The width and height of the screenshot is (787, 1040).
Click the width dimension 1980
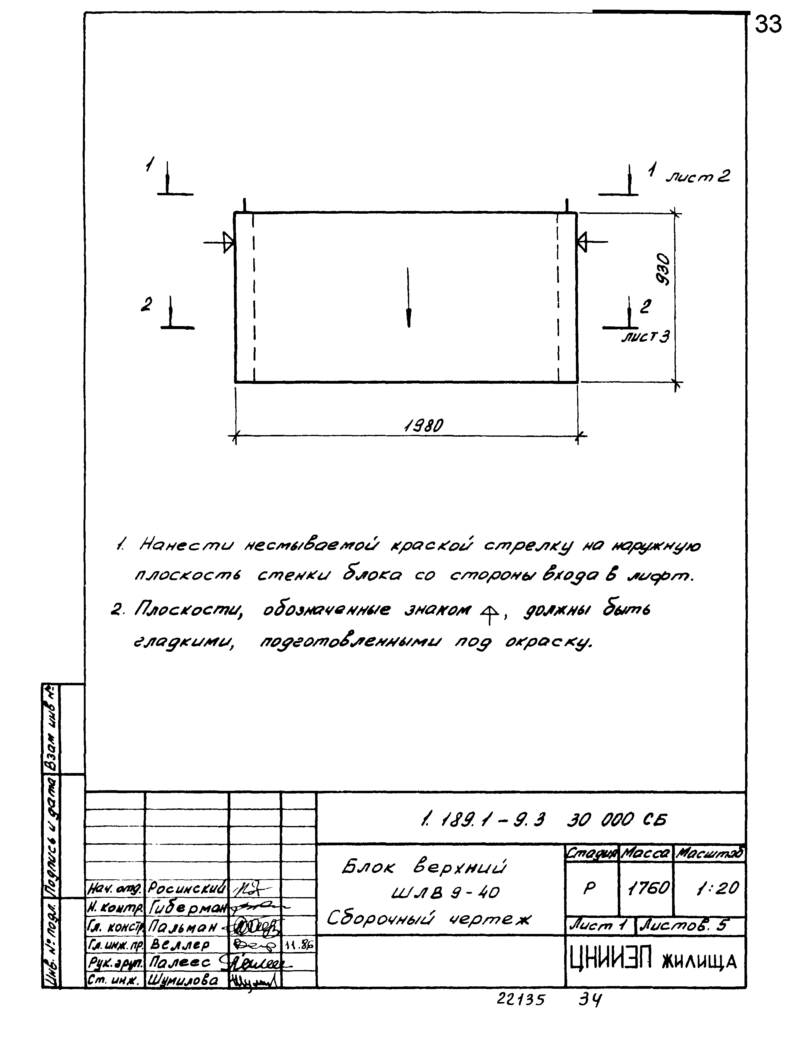(423, 426)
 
